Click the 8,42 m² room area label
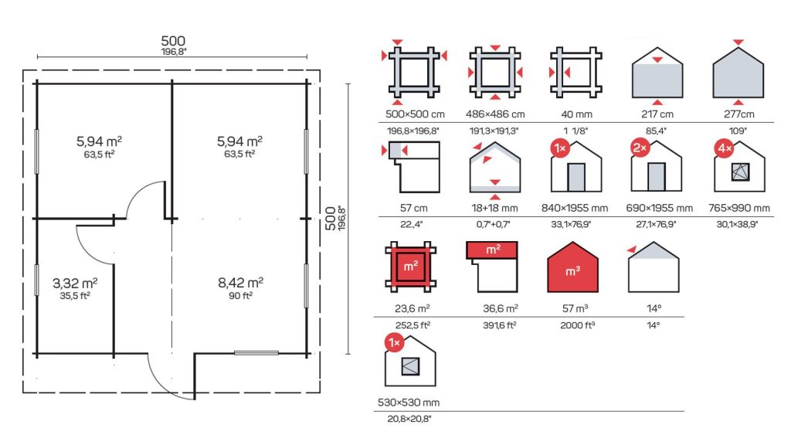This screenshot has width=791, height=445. point(240,283)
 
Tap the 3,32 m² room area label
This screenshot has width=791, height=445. point(75,283)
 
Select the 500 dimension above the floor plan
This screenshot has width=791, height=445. point(173,41)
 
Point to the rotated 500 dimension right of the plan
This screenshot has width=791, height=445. point(331,218)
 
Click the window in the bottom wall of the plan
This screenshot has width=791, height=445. point(256,353)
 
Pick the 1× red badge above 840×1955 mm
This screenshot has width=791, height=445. point(560,148)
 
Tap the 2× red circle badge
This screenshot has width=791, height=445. point(640,148)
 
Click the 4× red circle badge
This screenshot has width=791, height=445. point(725,148)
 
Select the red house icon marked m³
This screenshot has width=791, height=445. point(572,267)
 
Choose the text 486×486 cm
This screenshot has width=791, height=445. point(495,114)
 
